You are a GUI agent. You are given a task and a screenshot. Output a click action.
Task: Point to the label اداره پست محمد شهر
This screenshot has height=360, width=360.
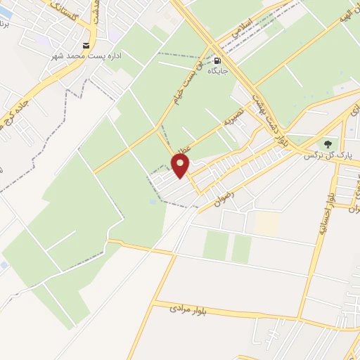pos(89,55)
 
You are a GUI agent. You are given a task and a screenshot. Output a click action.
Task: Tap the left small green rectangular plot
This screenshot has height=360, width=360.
pos(216,244)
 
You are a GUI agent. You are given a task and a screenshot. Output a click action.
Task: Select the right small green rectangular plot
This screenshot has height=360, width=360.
pos(241,248)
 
